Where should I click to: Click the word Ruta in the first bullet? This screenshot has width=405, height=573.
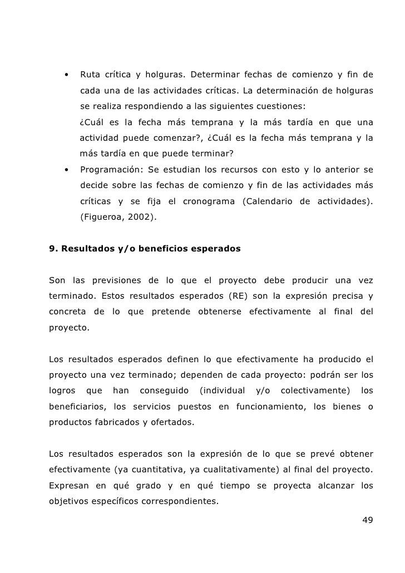(x=91, y=75)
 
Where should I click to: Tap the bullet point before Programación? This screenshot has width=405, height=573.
(x=66, y=169)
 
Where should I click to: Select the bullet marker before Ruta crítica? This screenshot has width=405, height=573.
(x=66, y=75)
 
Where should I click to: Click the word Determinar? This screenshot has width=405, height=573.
(x=215, y=75)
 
